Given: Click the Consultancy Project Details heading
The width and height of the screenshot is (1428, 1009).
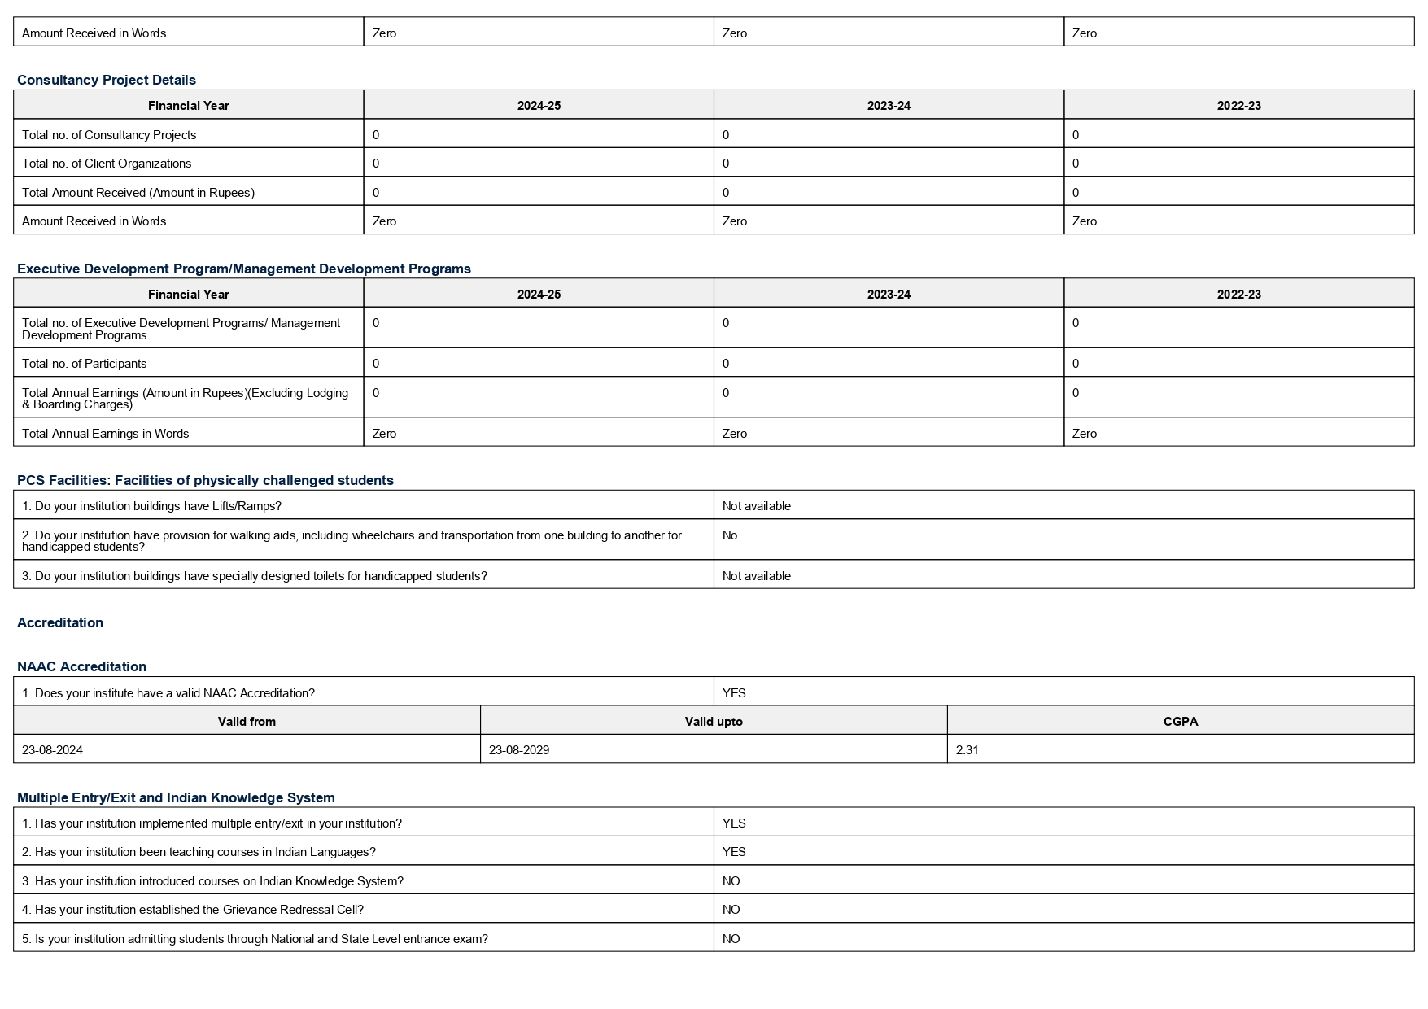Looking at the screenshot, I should tap(107, 80).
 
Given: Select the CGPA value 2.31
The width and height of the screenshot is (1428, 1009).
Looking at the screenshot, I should tap(967, 750).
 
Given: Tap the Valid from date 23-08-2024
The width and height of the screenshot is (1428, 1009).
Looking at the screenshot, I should tap(52, 750).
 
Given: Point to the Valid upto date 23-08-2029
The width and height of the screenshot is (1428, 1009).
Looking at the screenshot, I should tap(519, 750).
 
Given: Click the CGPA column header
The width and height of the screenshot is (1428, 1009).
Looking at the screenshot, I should tap(1180, 722).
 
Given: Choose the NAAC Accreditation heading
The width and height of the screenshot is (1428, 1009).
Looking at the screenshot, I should tap(81, 666).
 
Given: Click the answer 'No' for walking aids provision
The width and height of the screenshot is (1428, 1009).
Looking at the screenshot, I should tap(730, 535).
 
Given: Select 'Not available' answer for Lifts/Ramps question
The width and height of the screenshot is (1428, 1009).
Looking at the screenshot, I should tap(756, 506).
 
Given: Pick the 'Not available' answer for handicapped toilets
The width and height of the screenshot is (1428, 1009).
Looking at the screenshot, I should tap(756, 576).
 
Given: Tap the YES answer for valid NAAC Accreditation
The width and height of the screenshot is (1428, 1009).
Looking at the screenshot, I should tap(734, 693).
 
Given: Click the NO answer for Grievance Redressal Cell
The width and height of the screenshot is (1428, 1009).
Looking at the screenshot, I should tap(731, 910).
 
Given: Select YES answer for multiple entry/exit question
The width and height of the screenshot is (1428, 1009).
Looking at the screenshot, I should tap(734, 823).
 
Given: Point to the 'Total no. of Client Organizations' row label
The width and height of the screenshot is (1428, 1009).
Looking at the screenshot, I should tap(107, 164).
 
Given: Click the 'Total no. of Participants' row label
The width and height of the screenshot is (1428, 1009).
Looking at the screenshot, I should tap(85, 364).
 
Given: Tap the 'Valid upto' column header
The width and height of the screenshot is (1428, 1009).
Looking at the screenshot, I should tap(714, 722).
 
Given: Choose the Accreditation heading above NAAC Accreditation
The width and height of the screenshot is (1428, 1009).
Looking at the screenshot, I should tap(60, 622).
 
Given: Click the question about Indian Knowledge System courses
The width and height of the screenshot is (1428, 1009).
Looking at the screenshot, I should tap(212, 881).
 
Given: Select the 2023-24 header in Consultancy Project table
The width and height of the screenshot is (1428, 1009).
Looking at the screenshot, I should tap(889, 106).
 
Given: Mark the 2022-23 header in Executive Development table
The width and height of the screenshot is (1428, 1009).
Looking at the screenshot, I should tap(1238, 295).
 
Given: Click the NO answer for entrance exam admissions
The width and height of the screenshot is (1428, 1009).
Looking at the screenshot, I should tap(731, 939).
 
